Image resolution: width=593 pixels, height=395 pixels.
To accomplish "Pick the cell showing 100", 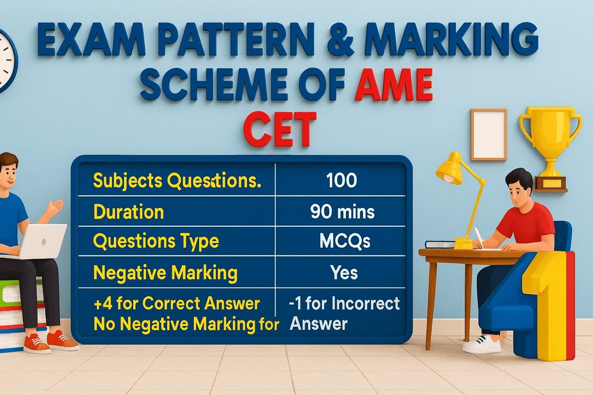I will coord(342,181).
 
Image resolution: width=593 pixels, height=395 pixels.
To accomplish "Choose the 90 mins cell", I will coord(342,212).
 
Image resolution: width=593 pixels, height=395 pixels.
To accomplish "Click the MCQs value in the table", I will coord(344,241).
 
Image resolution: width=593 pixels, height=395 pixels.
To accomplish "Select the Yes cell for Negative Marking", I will coord(344,273).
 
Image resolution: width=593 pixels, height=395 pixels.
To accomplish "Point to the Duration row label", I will coord(128,212).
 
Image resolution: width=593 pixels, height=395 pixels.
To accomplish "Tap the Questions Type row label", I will coord(156,241).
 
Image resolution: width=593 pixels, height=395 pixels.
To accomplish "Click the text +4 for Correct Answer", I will coord(177,303).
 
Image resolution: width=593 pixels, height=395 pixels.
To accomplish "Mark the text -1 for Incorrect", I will coord(344,303).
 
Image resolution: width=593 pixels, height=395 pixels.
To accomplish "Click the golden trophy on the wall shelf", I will coord(550,138).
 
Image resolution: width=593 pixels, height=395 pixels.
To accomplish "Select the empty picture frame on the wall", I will coord(489,134).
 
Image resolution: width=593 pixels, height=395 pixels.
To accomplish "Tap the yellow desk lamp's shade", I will coord(451,168).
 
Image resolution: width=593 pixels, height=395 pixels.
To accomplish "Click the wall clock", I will coord(6,59).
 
